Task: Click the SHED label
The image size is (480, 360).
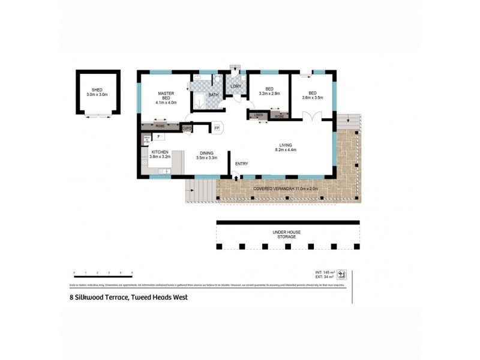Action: coord(94,89)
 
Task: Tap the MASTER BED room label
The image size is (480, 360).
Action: coord(166,94)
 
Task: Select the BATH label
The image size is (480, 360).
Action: coord(214,95)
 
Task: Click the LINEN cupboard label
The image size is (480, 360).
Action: coord(259,115)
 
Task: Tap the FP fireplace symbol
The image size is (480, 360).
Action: coord(217,128)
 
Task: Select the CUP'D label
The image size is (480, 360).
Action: coord(187,128)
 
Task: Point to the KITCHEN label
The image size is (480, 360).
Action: coord(160,152)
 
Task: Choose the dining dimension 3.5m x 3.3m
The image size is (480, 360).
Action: coord(207,157)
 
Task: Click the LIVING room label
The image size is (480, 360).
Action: coord(285,145)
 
